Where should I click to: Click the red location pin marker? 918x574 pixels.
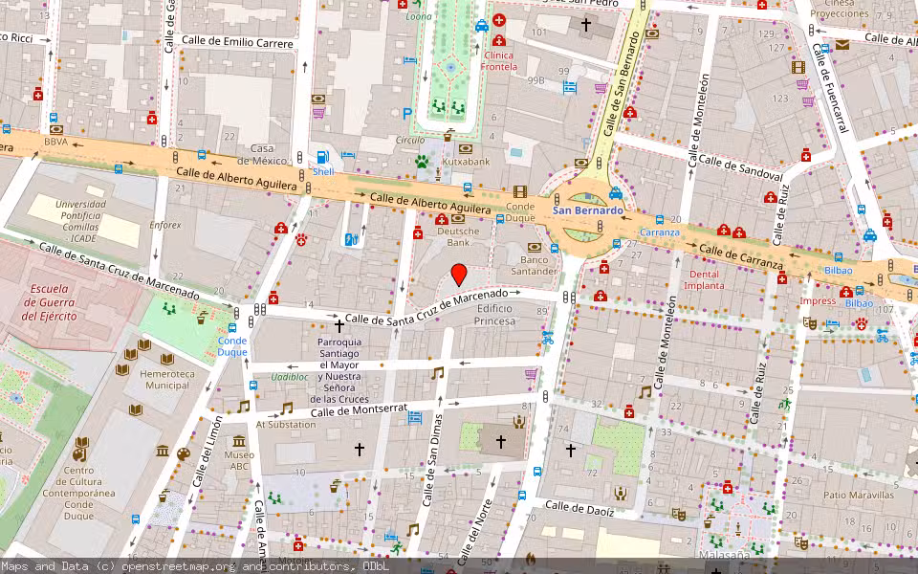(459, 275)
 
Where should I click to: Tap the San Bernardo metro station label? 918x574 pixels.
(587, 210)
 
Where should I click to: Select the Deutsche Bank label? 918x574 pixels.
(458, 236)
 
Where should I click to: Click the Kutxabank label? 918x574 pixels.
(466, 162)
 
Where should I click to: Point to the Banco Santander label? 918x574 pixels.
(534, 265)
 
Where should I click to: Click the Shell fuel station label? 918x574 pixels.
(323, 171)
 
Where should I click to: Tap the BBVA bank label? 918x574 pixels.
(55, 142)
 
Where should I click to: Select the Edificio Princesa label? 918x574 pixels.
(494, 315)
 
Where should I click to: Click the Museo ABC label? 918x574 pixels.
(238, 461)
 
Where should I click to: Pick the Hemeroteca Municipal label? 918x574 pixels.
(166, 379)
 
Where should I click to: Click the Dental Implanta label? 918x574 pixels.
(704, 279)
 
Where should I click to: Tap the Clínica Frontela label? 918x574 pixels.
(499, 61)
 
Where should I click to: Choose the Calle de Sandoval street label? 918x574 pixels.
(740, 169)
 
